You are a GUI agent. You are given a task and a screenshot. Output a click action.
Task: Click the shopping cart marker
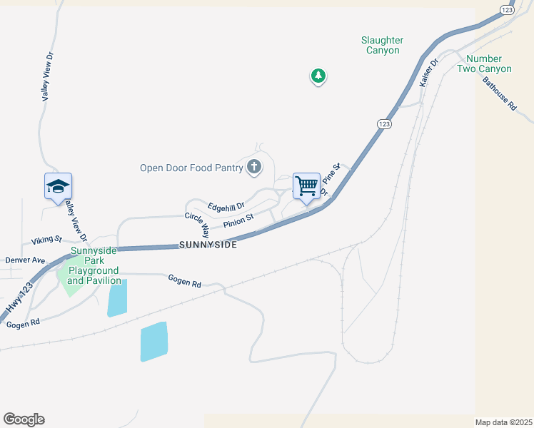tap(306, 187)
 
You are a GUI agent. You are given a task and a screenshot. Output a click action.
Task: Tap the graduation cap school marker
tap(58, 188)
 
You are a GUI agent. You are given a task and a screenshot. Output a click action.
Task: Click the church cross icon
tap(253, 168)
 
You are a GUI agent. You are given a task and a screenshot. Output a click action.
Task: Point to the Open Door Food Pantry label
tap(191, 168)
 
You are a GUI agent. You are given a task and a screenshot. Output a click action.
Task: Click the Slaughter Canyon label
tap(382, 46)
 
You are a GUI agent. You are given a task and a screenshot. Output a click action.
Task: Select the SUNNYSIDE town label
tap(208, 244)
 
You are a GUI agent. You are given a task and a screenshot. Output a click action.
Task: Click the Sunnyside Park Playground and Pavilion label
tap(94, 266)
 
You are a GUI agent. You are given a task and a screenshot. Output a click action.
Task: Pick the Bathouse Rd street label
tap(498, 93)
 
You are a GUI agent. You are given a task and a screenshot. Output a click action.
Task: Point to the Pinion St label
tap(238, 221)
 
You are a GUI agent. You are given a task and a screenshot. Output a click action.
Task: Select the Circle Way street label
tap(196, 225)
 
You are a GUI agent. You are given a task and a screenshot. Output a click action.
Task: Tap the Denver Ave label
tap(25, 260)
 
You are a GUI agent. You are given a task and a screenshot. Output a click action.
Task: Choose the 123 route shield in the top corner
tap(507, 9)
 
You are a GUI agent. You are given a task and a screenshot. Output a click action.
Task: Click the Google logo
tap(24, 419)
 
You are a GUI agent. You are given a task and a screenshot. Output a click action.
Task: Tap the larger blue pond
tap(153, 342)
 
